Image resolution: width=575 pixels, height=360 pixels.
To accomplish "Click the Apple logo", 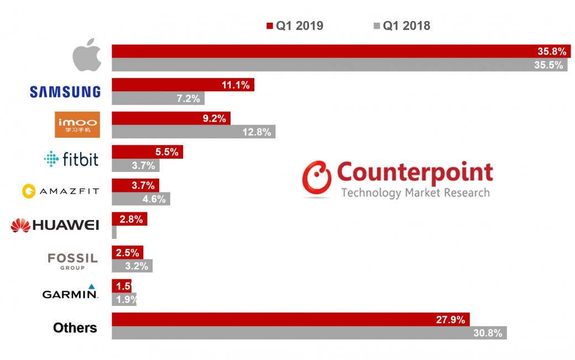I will pyautogui.click(x=88, y=57).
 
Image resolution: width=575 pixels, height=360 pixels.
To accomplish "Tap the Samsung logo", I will pyautogui.click(x=65, y=91).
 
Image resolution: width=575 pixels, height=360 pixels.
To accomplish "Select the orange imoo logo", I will pyautogui.click(x=77, y=124).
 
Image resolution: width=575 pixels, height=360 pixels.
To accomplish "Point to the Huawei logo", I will pyautogui.click(x=55, y=225).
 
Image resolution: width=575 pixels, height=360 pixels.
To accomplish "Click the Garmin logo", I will pyautogui.click(x=70, y=292).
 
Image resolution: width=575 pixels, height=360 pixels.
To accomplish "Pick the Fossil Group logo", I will pyautogui.click(x=72, y=260).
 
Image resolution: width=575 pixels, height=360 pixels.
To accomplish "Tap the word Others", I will pyautogui.click(x=75, y=328).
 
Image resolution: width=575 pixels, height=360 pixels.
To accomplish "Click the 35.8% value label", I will pyautogui.click(x=552, y=51).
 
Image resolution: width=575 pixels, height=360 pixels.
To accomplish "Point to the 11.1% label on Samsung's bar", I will pyautogui.click(x=236, y=85).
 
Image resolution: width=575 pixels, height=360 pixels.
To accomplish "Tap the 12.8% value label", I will pyautogui.click(x=257, y=132).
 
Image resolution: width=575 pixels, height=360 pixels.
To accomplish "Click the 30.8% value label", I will pyautogui.click(x=489, y=333).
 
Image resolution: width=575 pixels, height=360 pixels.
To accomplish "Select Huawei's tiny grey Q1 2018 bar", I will pyautogui.click(x=114, y=232).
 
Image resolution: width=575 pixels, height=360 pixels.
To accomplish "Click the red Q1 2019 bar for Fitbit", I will pyautogui.click(x=147, y=152).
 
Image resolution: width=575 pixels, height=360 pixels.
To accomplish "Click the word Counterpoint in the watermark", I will pyautogui.click(x=415, y=173).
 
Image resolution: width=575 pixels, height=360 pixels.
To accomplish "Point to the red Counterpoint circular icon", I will pyautogui.click(x=317, y=179).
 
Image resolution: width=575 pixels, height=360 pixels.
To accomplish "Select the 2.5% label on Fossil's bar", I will pyautogui.click(x=127, y=253).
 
